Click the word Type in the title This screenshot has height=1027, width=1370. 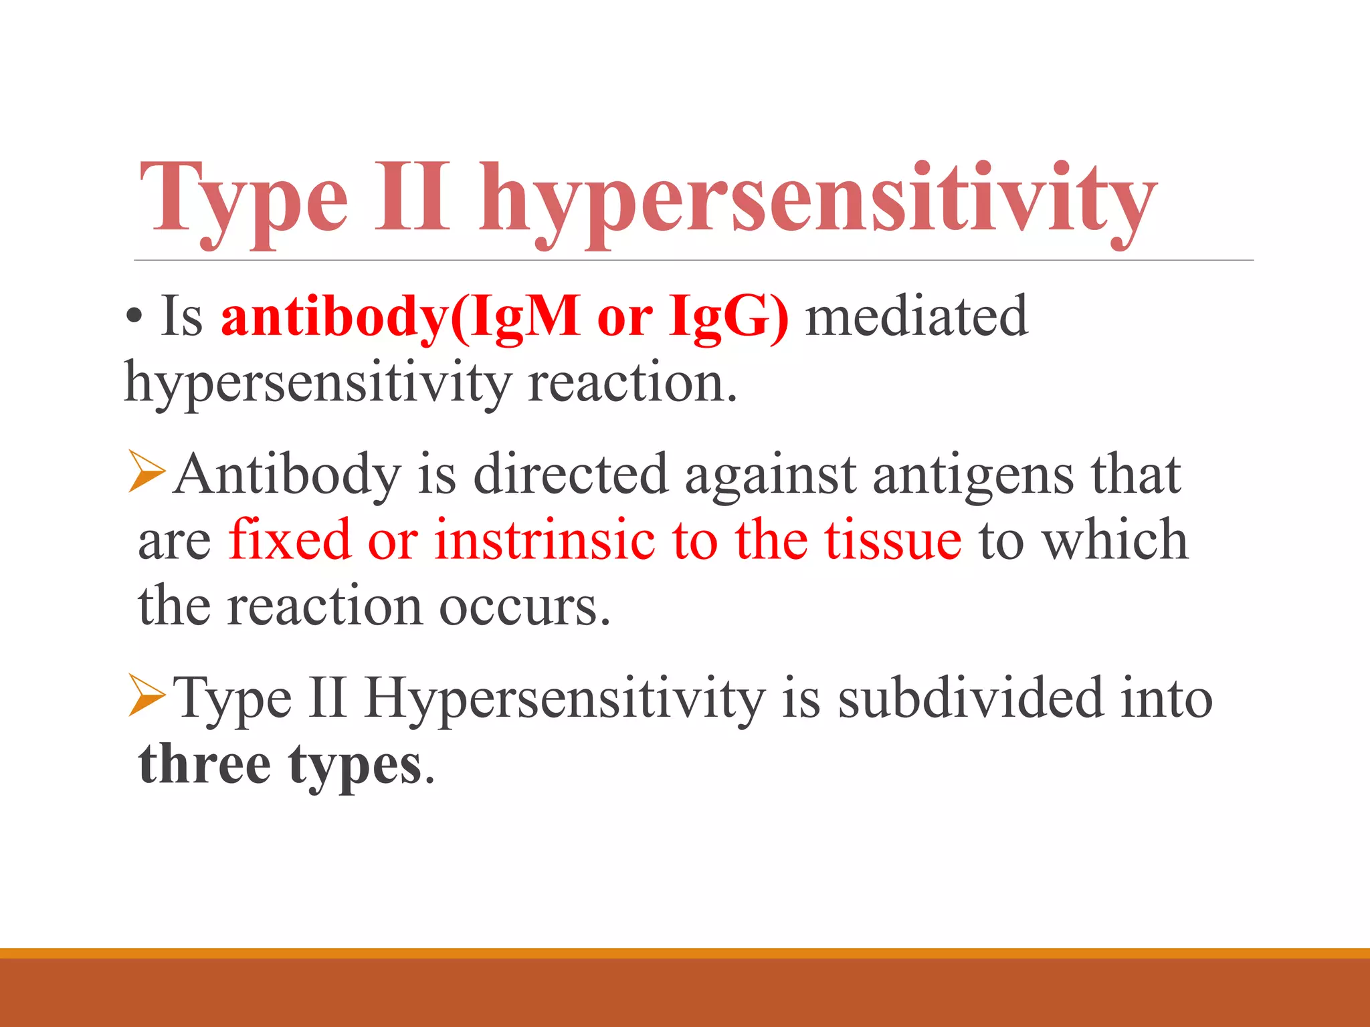coord(244,201)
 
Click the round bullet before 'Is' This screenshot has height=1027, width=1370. coord(134,318)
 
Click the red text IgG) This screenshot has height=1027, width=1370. coord(728,317)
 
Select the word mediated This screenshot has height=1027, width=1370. coord(916,316)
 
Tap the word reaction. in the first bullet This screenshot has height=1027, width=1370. coord(632,384)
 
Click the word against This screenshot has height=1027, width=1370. coord(770,476)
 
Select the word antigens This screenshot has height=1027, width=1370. coord(973,476)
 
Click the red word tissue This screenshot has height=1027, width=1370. coord(893,540)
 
